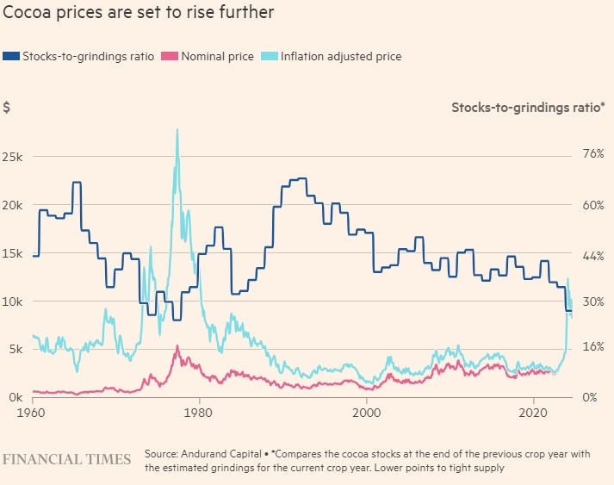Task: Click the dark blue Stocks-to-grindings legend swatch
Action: coord(11,57)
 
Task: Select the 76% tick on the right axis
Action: coord(594,154)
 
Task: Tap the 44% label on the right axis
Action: coord(594,257)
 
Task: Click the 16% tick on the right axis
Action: coord(594,346)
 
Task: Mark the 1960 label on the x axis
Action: coord(33,413)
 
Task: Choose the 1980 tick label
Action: coord(200,413)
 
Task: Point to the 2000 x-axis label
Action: coord(367,413)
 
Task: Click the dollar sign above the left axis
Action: coord(8,108)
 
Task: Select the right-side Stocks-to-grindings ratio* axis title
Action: coord(527,108)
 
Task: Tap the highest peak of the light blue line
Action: coord(177,130)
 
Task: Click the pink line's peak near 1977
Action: coord(177,346)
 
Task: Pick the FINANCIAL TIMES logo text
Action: coord(68,459)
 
